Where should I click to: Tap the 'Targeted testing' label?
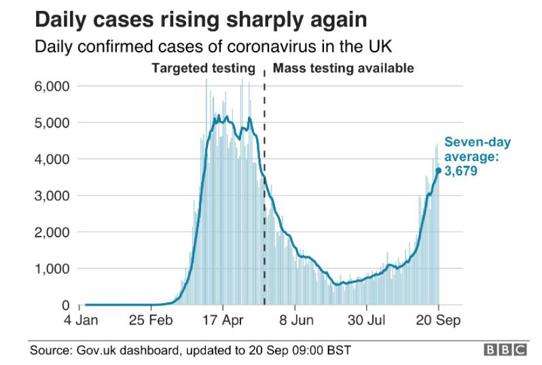203,69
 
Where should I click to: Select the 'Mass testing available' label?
342,69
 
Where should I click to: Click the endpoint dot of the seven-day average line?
438,171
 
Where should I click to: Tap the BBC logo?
505,350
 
